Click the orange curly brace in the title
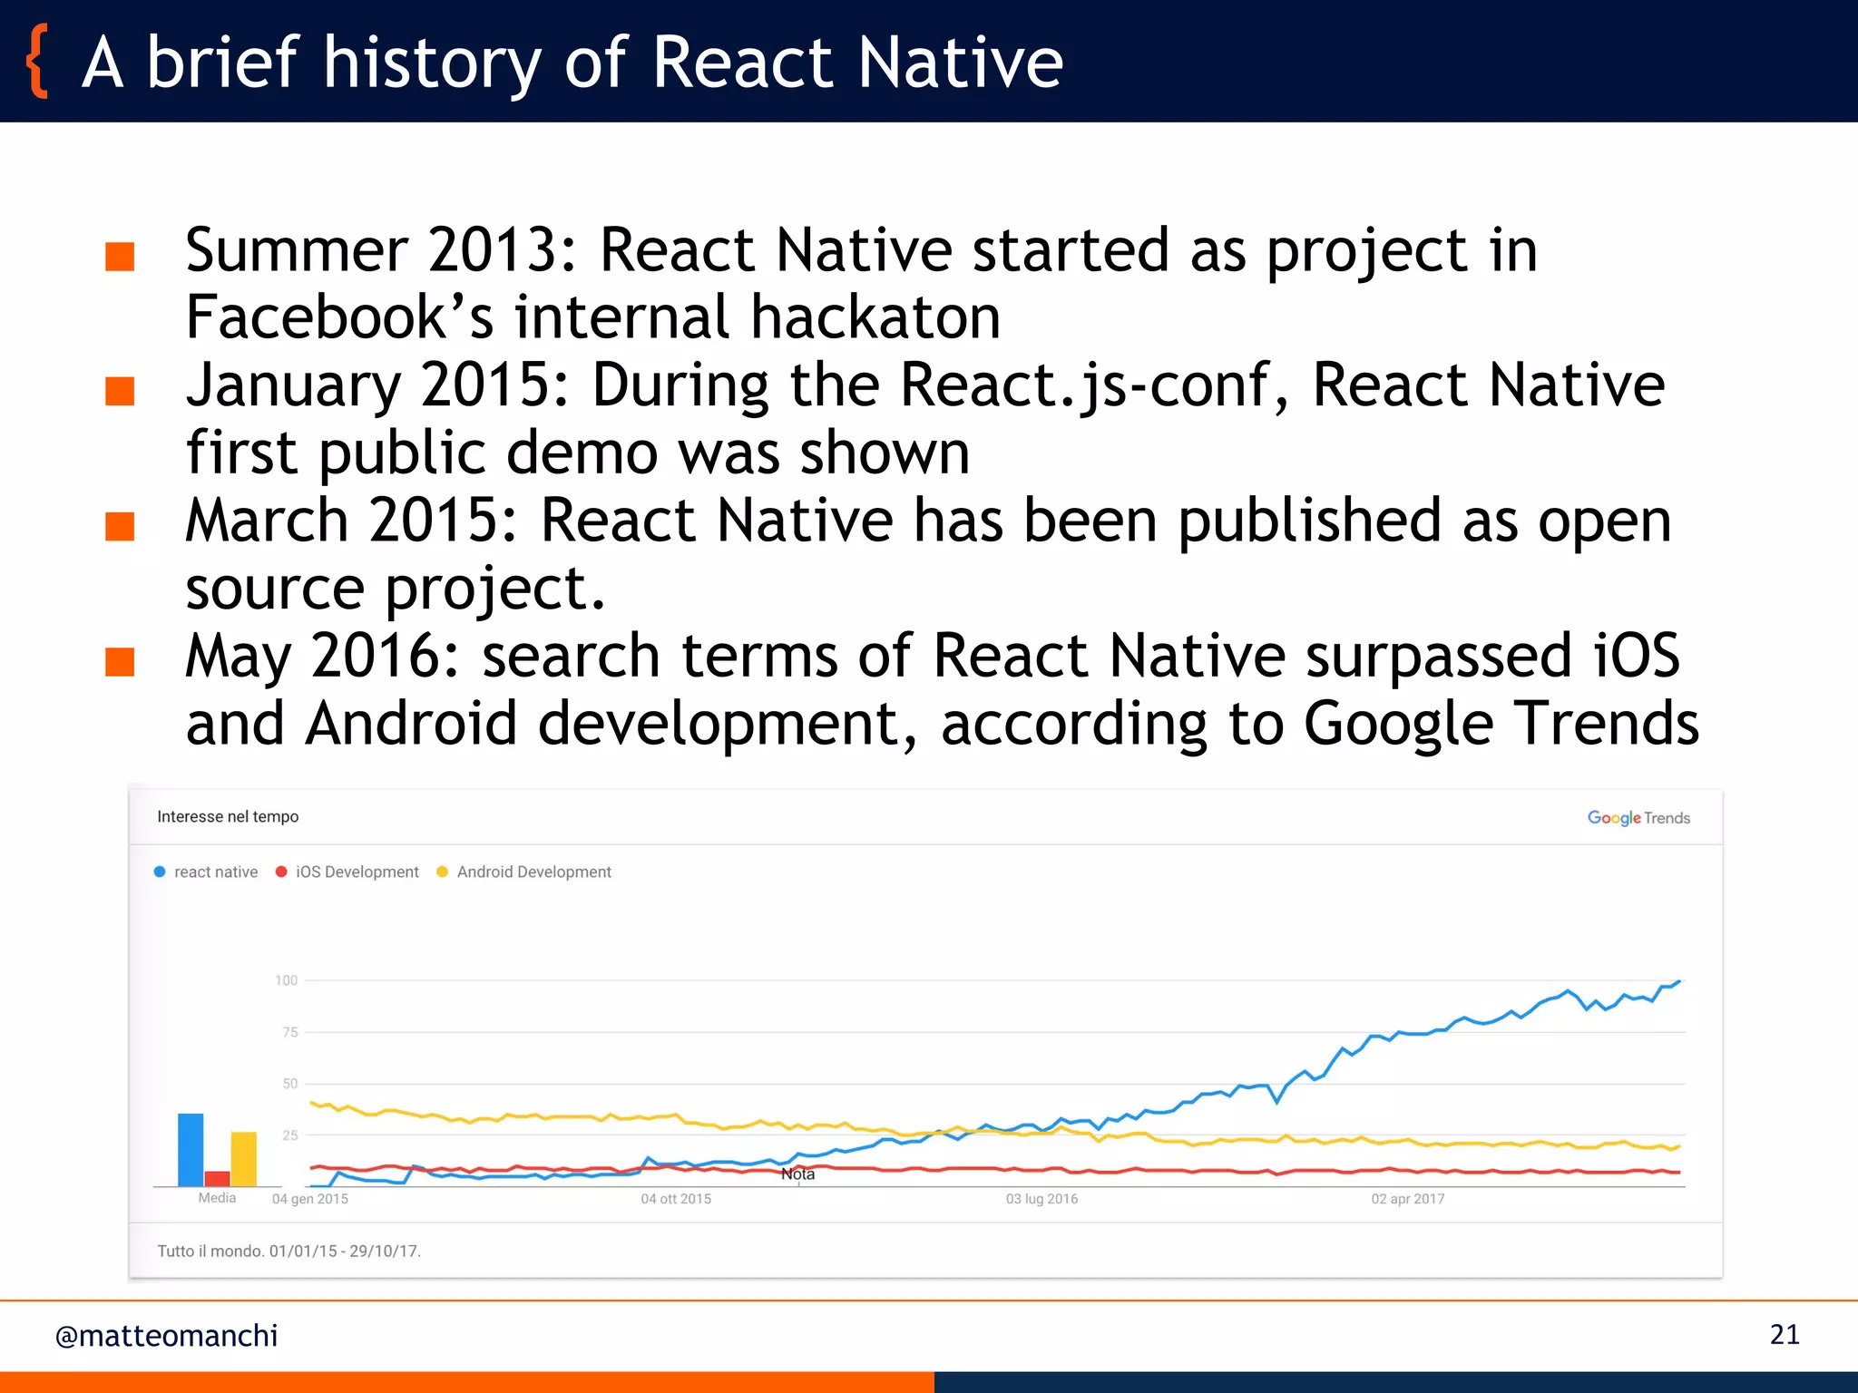[x=37, y=62]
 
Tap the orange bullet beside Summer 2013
[x=120, y=257]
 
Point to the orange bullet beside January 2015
[x=120, y=392]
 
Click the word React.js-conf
[x=1084, y=385]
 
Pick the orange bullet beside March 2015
[x=120, y=527]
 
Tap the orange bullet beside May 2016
[x=120, y=662]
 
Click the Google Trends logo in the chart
[x=1638, y=817]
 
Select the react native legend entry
[x=206, y=872]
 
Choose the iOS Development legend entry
[x=347, y=872]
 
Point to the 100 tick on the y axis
[x=286, y=980]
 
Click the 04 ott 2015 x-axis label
[x=676, y=1199]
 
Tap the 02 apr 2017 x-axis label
[x=1407, y=1199]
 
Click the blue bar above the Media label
[x=191, y=1149]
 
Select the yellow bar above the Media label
[x=244, y=1158]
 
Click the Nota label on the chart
[x=797, y=1174]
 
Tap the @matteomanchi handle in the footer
[x=166, y=1336]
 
